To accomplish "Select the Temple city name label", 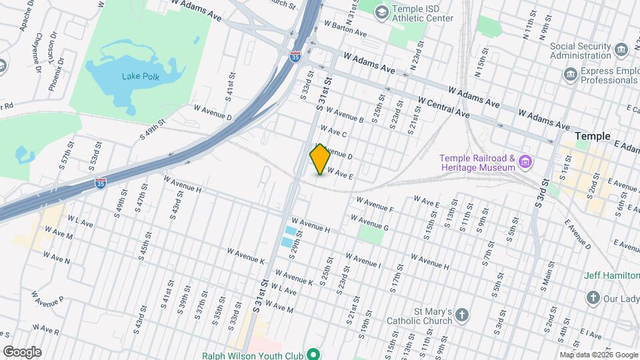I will point(592,136).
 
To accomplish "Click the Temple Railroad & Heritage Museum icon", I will point(525,161).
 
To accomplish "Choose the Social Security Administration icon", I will point(621,50).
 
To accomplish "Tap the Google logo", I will point(22,351).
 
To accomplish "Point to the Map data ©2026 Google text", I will point(598,355).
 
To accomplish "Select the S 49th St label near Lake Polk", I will point(151,127).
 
